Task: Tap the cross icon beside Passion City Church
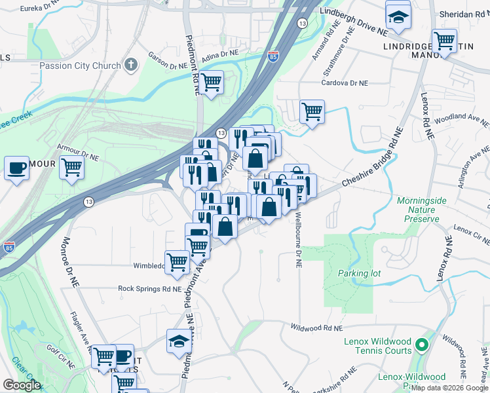click(131, 65)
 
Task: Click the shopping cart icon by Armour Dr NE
click(71, 167)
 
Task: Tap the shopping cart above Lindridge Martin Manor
click(445, 41)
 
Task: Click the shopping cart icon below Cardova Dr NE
click(312, 111)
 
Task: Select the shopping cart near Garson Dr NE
click(210, 83)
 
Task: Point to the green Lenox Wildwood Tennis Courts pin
click(423, 343)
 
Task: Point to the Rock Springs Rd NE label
click(149, 288)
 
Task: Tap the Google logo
click(22, 386)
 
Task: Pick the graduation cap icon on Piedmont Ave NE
click(179, 341)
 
